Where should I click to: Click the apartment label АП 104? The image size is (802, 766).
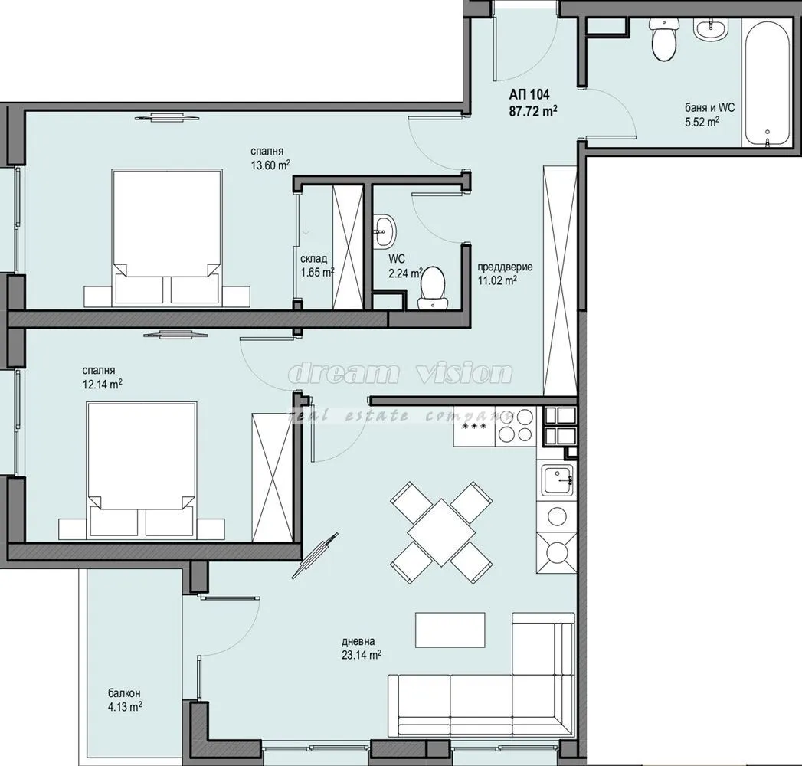tap(529, 96)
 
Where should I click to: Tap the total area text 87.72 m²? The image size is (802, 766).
tap(533, 110)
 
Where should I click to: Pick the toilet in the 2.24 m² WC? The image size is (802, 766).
tap(433, 286)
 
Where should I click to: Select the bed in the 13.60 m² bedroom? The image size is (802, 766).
tap(168, 237)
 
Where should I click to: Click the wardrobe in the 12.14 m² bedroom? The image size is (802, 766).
tap(272, 476)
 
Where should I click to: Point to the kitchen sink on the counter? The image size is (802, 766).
tap(557, 482)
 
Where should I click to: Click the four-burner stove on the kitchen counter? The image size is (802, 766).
tap(515, 426)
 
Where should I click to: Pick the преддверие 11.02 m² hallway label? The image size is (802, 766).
tap(504, 273)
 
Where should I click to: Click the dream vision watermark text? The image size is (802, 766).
tap(399, 374)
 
